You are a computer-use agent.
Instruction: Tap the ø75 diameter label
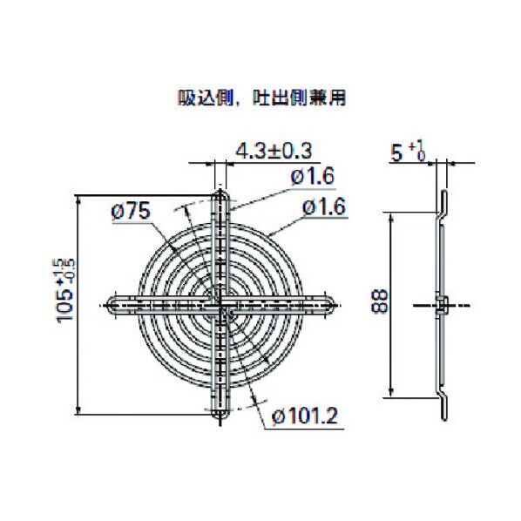pyautogui.click(x=132, y=209)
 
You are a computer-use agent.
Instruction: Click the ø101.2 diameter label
pyautogui.click(x=305, y=416)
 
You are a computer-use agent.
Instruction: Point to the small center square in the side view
pyautogui.click(x=442, y=304)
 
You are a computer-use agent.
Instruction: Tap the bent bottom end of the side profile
pyautogui.click(x=442, y=408)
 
